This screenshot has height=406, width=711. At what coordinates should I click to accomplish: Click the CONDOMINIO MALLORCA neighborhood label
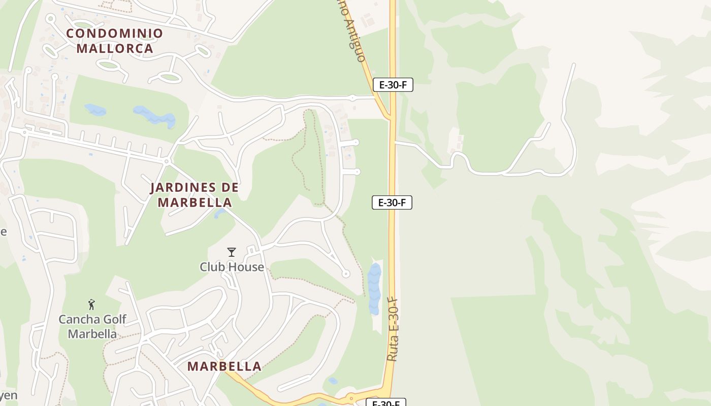coord(114,41)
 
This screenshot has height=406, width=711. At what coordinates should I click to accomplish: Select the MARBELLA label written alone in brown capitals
coord(224,366)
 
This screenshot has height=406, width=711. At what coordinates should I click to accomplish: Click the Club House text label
coord(232,267)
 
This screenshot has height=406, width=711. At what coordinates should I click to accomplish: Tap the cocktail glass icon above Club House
coord(232,252)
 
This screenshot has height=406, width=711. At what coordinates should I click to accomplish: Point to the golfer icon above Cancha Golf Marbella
coord(91,304)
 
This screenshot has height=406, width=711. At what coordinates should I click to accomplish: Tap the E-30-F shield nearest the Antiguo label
coord(393,85)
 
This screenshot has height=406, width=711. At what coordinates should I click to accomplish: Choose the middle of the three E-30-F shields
coord(392,202)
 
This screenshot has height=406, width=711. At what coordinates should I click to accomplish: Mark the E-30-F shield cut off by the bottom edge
coord(386,402)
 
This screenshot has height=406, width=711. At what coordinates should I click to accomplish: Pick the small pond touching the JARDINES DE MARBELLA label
coord(220,213)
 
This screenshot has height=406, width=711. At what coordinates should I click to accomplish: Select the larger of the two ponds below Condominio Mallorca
coord(154,117)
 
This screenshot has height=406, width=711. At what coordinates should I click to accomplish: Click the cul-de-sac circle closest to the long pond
coord(346,274)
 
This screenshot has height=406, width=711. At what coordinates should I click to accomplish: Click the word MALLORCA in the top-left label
coord(122,49)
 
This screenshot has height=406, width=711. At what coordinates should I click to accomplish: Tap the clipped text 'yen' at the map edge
coord(8,396)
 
